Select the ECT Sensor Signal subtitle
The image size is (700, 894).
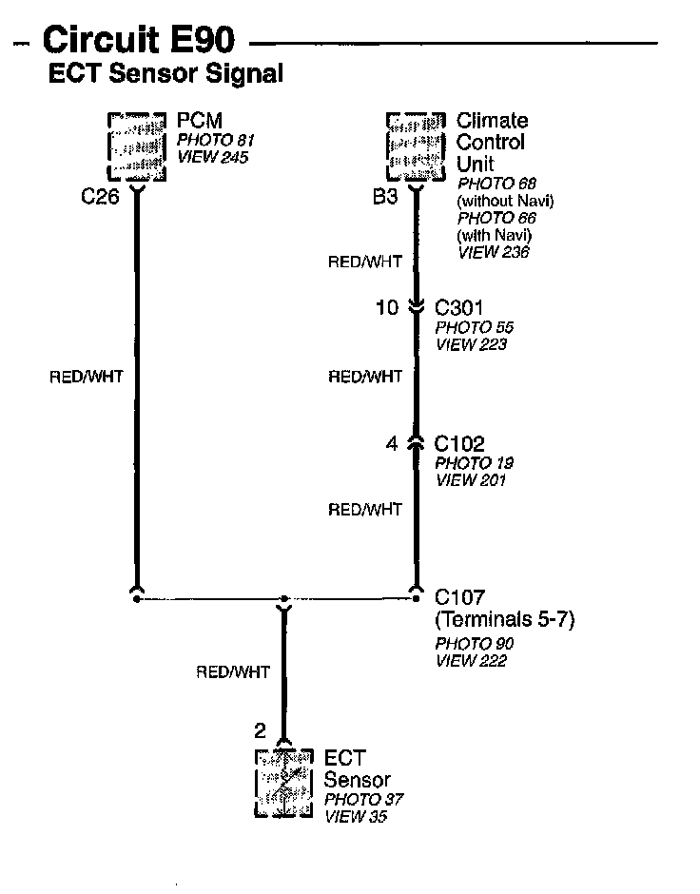point(165,73)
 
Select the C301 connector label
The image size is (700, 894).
point(459,308)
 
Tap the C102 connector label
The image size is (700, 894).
point(459,443)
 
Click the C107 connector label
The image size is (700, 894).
point(459,597)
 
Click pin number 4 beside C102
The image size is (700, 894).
point(392,443)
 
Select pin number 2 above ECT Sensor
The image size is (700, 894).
point(260,730)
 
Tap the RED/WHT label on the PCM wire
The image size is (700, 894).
point(86,377)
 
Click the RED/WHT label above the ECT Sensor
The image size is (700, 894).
point(233,671)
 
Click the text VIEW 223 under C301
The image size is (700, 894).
point(471,344)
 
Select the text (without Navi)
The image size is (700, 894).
point(505,201)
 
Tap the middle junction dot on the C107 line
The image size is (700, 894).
point(282,600)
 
